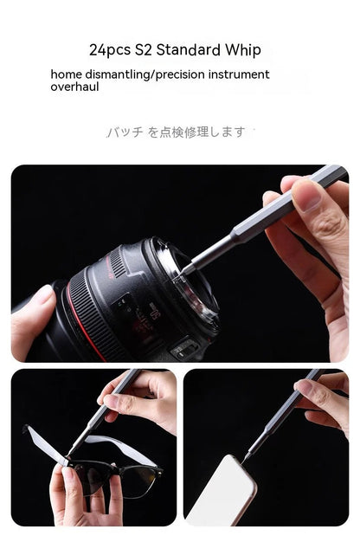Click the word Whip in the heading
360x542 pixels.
pos(241,49)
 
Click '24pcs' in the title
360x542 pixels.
pos(109,49)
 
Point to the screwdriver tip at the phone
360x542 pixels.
pos(247,457)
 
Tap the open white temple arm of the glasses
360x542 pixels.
pos(43,443)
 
